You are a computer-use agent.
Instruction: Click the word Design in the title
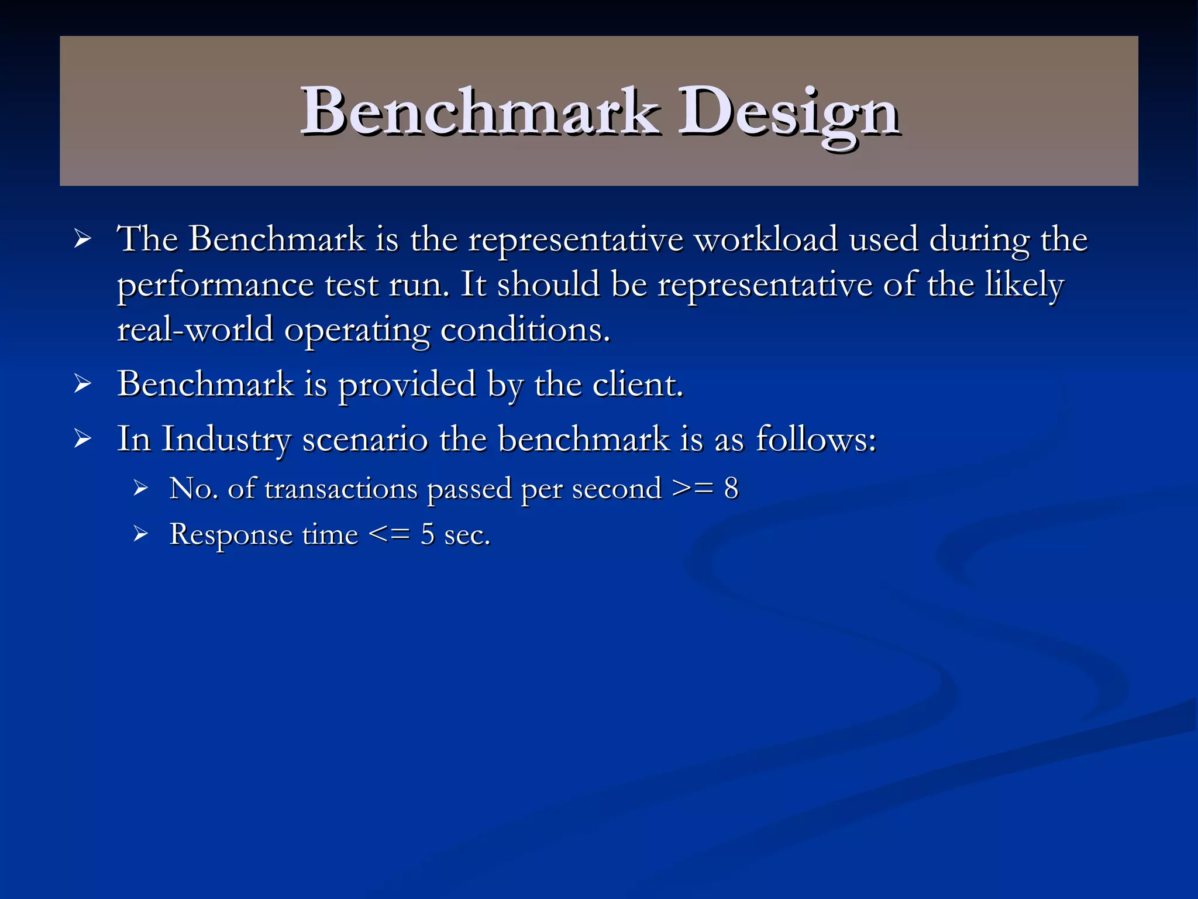click(x=788, y=112)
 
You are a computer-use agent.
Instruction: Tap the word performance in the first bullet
click(x=215, y=285)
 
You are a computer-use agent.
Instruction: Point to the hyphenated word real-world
click(x=195, y=330)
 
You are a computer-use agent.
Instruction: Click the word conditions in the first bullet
click(x=524, y=330)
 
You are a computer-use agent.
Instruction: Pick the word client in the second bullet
click(x=637, y=385)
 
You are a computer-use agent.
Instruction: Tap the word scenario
click(x=365, y=439)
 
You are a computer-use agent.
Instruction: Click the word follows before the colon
click(x=812, y=439)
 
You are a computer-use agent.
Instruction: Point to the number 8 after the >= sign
click(x=731, y=488)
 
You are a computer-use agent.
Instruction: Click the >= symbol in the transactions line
click(x=693, y=488)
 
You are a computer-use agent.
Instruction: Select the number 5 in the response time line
click(x=428, y=534)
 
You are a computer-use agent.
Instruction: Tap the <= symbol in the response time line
click(x=389, y=534)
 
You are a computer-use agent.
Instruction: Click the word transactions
click(x=341, y=488)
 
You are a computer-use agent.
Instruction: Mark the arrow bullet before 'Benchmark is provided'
click(x=82, y=384)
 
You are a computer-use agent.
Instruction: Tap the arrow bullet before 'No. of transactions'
click(x=140, y=488)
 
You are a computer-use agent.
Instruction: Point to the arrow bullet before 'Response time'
click(x=140, y=534)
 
